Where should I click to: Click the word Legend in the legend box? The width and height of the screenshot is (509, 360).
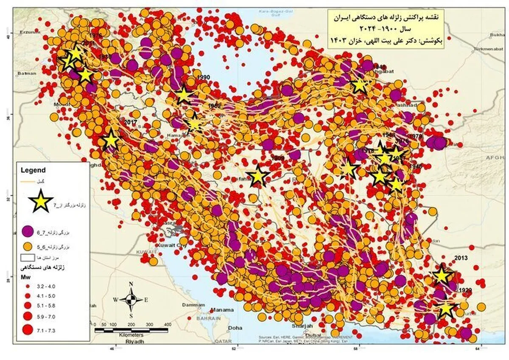33,170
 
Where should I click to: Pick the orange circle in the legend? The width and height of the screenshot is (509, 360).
28,246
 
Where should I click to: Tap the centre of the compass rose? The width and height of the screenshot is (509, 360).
131,299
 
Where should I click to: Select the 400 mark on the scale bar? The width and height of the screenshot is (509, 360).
167,325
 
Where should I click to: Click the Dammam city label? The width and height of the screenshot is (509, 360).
190,305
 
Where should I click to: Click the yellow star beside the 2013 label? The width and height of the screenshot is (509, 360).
442,275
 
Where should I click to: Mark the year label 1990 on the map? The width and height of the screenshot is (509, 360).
204,77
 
